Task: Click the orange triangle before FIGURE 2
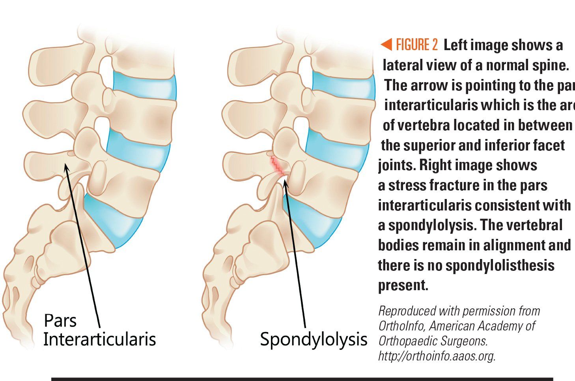386,45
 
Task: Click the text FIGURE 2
417,45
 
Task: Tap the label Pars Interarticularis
99,330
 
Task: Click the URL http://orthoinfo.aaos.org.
437,356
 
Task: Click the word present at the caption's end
403,285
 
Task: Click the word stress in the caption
409,185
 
